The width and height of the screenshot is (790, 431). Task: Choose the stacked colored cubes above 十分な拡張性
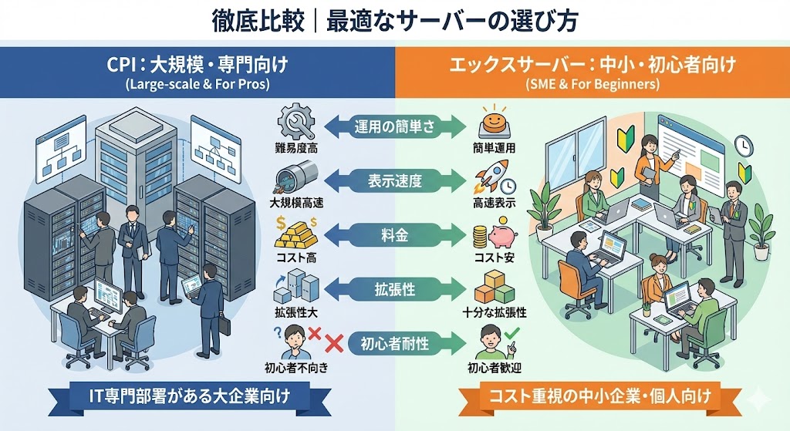coord(494,288)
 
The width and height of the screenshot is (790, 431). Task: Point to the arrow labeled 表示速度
coord(394,180)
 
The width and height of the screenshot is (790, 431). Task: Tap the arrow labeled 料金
coord(394,235)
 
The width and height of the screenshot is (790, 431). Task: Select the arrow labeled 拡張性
coord(394,289)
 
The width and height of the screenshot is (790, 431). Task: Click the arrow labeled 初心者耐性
coord(394,343)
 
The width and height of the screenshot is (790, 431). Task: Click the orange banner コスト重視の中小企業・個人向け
coord(594,398)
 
